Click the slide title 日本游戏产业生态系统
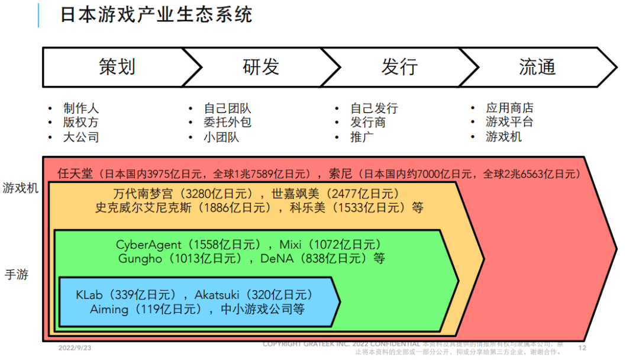156,14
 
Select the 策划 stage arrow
117,67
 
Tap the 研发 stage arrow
260,67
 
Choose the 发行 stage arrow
399,67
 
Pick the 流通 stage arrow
537,67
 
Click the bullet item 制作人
81,108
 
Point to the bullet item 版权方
81,123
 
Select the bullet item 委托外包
227,123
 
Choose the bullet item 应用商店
509,108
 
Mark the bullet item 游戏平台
509,122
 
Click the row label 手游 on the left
17,275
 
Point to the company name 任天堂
75,173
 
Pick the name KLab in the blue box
89,295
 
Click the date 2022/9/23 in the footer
75,348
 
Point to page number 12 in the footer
582,348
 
